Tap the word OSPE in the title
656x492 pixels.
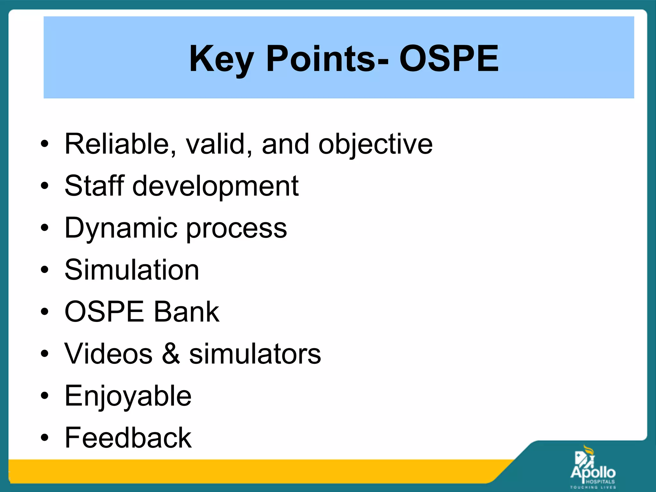click(449, 59)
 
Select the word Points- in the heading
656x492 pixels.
click(327, 59)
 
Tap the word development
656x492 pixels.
click(216, 187)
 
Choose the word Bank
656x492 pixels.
click(187, 312)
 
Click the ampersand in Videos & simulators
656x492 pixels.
click(171, 354)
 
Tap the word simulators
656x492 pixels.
click(255, 354)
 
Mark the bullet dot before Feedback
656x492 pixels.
click(45, 438)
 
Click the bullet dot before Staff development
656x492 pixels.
click(45, 186)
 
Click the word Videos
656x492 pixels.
click(109, 354)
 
